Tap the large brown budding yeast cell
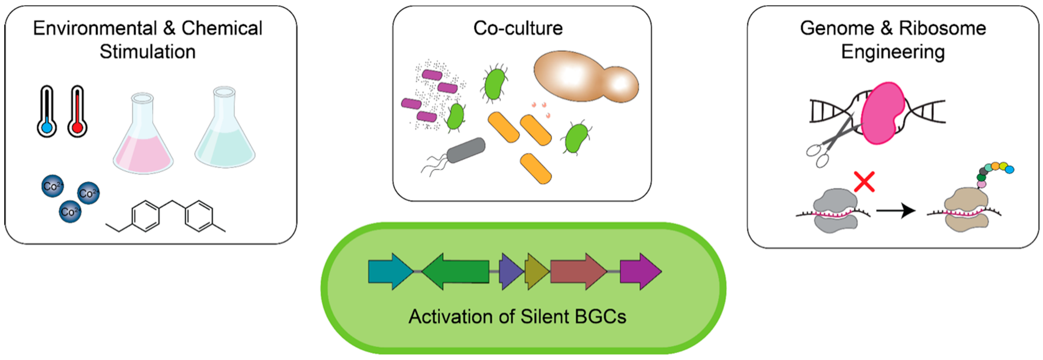[583, 77]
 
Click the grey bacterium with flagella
[466, 151]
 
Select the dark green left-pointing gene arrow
[456, 271]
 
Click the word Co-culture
[518, 28]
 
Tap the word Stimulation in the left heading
[148, 52]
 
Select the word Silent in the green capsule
[545, 317]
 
